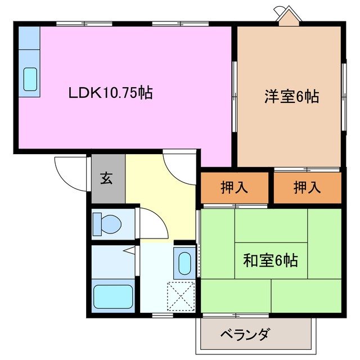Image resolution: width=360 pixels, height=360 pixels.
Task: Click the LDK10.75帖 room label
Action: click(110, 93)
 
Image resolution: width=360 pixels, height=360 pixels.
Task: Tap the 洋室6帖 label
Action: click(291, 97)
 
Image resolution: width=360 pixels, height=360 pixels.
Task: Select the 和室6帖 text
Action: click(270, 260)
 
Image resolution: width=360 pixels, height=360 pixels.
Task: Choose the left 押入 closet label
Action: click(234, 187)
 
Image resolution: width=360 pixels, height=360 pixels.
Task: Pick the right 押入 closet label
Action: click(307, 187)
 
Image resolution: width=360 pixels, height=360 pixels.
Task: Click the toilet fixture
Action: click(107, 223)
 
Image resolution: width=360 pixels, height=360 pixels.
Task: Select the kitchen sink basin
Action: click(30, 79)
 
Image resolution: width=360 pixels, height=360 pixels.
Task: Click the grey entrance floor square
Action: click(108, 180)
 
